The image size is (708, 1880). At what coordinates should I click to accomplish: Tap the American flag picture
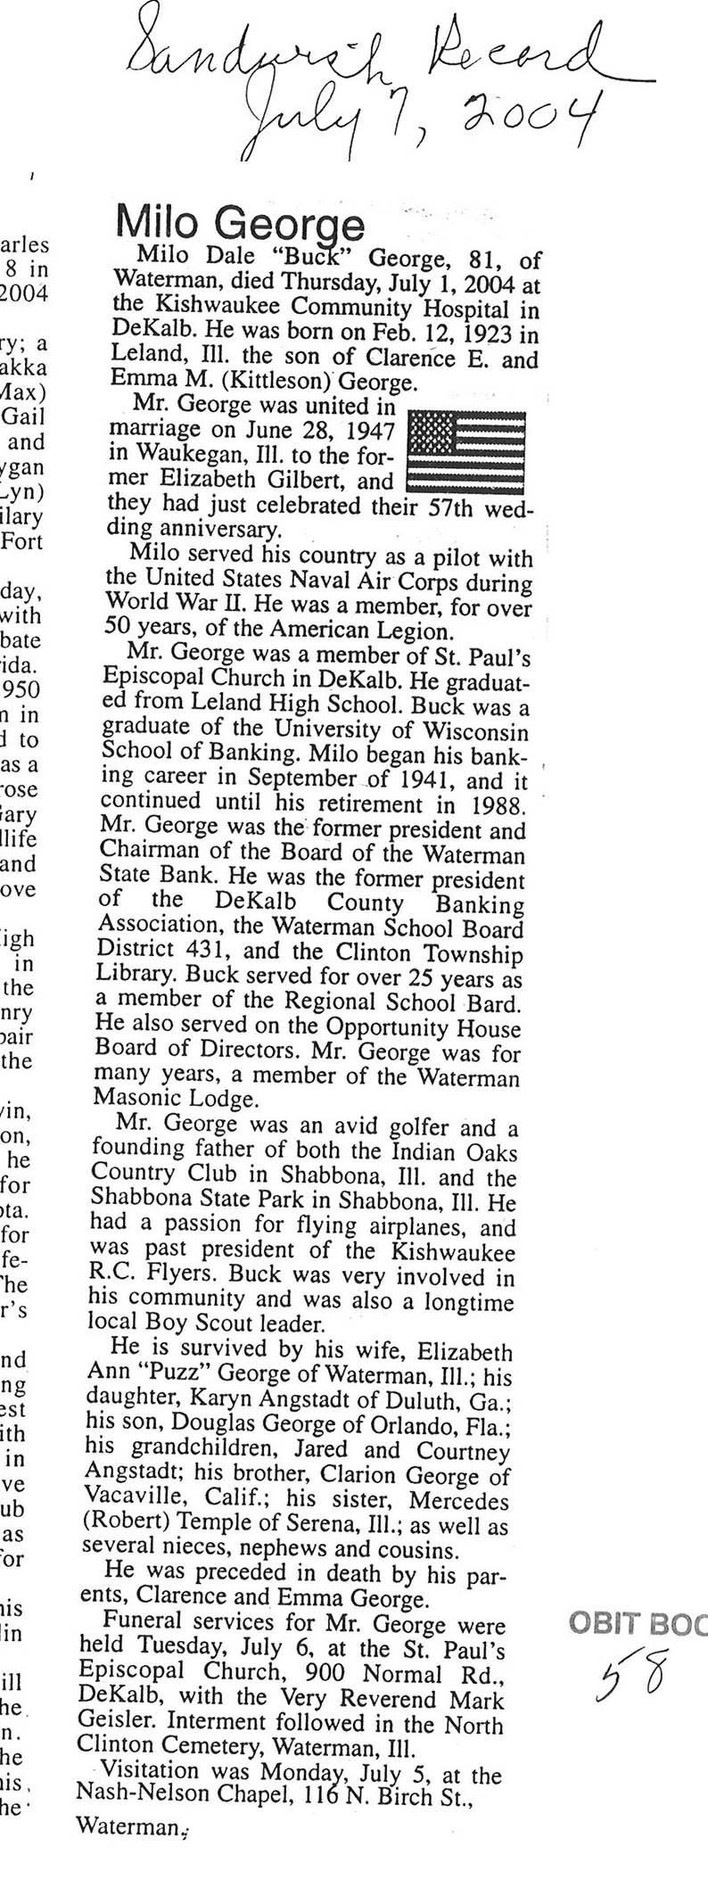(x=465, y=451)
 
